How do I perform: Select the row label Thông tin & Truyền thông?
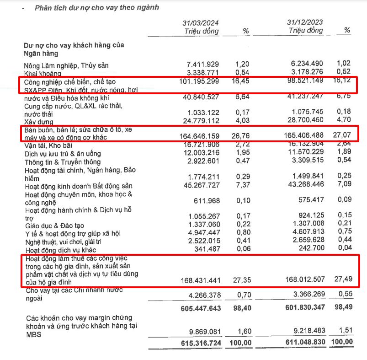[x=62, y=162]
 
